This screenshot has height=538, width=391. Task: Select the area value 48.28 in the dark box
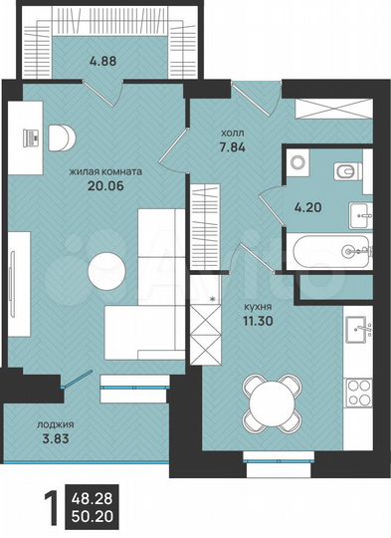(x=93, y=494)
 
